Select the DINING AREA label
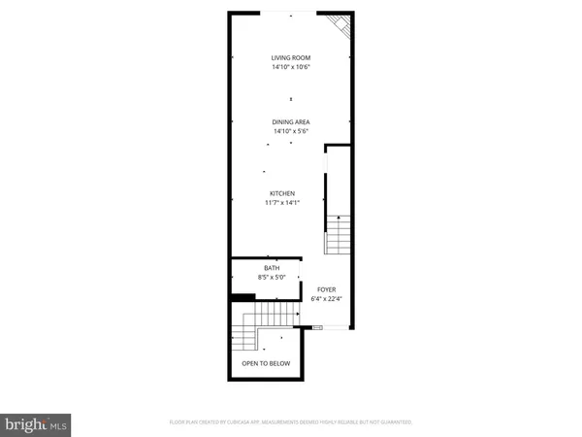[290, 121]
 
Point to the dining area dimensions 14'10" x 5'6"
[290, 131]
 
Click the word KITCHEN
[282, 193]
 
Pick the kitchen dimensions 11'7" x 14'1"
[282, 203]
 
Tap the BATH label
[272, 268]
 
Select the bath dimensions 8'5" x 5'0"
[272, 278]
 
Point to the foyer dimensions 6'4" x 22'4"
[328, 299]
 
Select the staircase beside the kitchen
[337, 233]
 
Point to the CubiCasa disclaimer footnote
[290, 423]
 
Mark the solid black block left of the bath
[239, 296]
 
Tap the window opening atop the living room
[291, 13]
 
